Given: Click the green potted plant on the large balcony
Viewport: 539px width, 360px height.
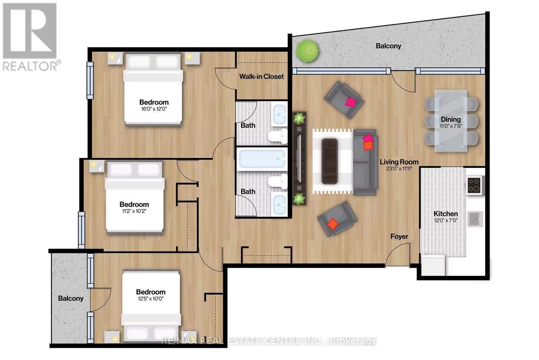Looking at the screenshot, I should [x=307, y=51].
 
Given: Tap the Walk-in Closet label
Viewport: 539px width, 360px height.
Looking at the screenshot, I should [x=261, y=76].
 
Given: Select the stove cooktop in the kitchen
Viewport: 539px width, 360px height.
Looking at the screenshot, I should [x=474, y=185].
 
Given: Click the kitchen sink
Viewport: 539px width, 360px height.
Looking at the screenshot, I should [x=476, y=219].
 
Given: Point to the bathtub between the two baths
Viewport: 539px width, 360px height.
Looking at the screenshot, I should [x=262, y=159].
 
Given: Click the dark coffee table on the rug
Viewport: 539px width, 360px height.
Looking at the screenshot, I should [x=329, y=161].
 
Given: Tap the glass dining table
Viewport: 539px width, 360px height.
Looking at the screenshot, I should [x=451, y=121].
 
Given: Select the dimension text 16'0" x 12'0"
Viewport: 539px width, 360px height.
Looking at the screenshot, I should [x=154, y=109].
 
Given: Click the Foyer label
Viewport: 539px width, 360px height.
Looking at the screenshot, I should [x=399, y=237].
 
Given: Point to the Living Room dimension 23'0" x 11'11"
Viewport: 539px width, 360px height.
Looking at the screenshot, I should [x=399, y=169].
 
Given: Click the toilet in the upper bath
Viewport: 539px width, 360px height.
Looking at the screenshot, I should [x=278, y=135].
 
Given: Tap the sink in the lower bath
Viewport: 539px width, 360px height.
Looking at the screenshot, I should [x=279, y=204].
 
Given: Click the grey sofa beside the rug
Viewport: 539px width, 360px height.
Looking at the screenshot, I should [x=365, y=162].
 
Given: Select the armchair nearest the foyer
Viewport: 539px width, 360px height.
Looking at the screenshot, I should [x=337, y=219].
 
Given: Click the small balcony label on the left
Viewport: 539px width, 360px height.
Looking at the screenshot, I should [x=70, y=298].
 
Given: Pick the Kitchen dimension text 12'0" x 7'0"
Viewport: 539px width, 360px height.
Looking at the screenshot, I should [x=445, y=221].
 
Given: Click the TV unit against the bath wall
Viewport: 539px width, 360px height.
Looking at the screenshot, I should [x=299, y=158].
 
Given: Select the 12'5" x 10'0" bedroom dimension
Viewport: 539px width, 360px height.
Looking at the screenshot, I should [x=151, y=299].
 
